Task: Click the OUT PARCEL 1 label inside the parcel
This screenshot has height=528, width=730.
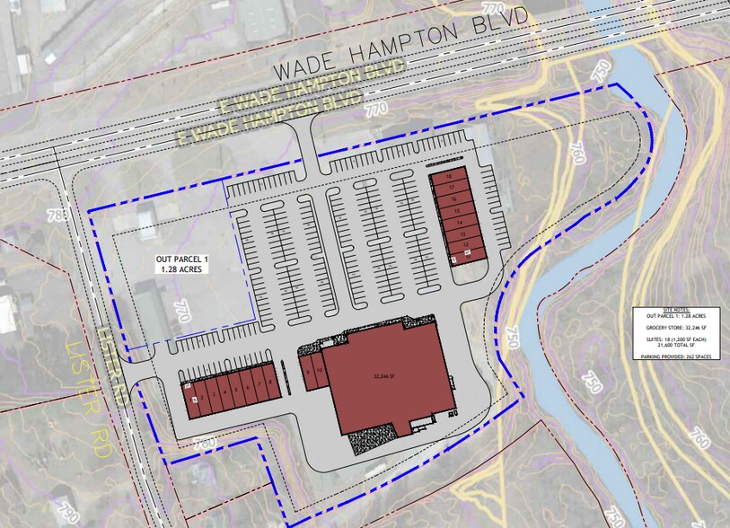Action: [x=180, y=260]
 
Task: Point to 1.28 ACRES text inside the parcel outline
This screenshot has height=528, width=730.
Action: [x=180, y=269]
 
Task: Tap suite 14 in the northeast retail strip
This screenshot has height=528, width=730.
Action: [x=460, y=221]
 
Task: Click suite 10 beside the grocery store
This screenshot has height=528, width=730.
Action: [x=319, y=370]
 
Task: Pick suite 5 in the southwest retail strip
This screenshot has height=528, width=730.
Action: [x=237, y=388]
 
